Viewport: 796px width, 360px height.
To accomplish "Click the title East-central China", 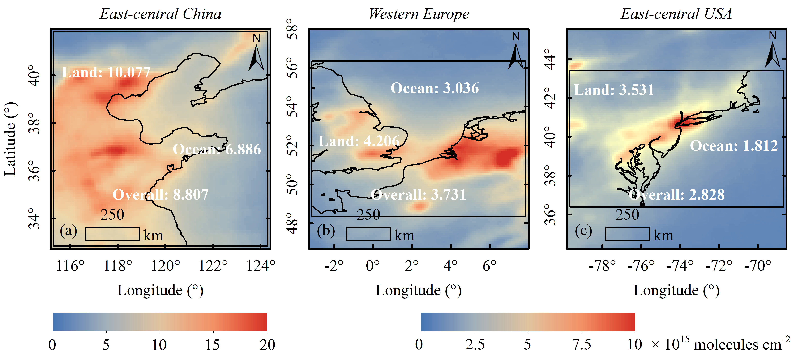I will [160, 14].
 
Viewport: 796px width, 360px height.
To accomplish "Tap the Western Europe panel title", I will [419, 14].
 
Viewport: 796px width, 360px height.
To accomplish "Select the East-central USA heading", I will [676, 14].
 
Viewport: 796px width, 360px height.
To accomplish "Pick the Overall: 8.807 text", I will [160, 195].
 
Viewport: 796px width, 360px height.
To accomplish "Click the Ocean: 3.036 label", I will [434, 88].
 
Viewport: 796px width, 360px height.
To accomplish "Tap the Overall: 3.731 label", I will [418, 195].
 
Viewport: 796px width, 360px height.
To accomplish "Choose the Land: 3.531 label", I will [614, 90].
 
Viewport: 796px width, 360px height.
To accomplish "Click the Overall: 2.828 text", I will [677, 195].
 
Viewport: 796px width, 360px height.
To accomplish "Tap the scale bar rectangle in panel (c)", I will [627, 234].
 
